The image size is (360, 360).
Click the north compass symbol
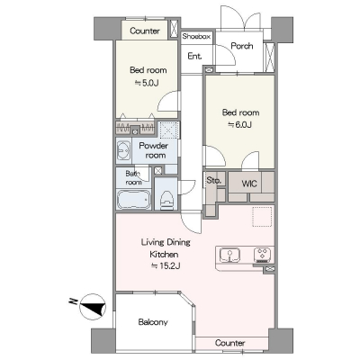pyautogui.click(x=93, y=306)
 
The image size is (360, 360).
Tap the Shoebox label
pyautogui.click(x=196, y=36)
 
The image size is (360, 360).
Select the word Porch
pyautogui.click(x=242, y=46)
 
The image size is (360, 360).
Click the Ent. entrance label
pyautogui.click(x=194, y=56)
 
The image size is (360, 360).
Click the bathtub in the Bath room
pyautogui.click(x=133, y=200)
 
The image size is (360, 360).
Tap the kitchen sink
pyautogui.click(x=229, y=256)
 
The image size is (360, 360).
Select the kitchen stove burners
pyautogui.click(x=263, y=255)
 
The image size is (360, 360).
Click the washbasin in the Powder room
pyautogui.click(x=123, y=150)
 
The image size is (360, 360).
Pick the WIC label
pyautogui.click(x=249, y=184)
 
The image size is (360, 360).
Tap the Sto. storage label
pyautogui.click(x=213, y=181)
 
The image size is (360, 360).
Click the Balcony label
pyautogui.click(x=153, y=322)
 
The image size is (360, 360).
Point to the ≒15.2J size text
pyautogui.click(x=166, y=265)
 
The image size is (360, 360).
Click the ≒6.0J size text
pyautogui.click(x=240, y=125)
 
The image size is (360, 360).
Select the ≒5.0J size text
pyautogui.click(x=147, y=83)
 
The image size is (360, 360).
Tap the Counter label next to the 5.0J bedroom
pyautogui.click(x=145, y=31)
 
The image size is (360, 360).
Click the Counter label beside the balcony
pyautogui.click(x=230, y=343)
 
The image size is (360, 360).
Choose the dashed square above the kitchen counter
pyautogui.click(x=262, y=217)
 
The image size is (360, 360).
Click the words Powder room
pyautogui.click(x=154, y=150)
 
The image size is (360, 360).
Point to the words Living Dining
pyautogui.click(x=166, y=242)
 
